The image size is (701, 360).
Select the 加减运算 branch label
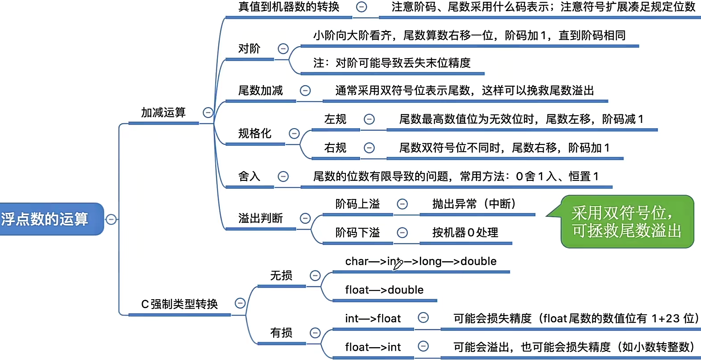coord(163,113)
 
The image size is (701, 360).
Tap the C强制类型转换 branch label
coord(179,304)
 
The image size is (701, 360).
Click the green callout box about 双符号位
coord(626,222)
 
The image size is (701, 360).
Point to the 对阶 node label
coord(249,49)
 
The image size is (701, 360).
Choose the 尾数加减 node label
coord(260,91)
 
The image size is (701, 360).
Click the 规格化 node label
coord(255,133)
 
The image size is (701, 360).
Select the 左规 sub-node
coord(335,119)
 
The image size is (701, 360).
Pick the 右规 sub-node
coord(335,148)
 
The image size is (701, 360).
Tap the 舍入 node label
coord(249,176)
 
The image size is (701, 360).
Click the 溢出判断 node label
coord(260,218)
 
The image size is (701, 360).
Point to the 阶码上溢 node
coord(357,204)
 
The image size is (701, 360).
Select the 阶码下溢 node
coord(357,233)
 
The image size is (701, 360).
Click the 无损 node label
coord(281,276)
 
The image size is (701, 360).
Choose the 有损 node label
coord(281,333)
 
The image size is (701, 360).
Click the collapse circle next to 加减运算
coord(208,113)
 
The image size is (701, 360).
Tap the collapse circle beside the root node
coord(111,219)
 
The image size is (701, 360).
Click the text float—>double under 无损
coord(384,290)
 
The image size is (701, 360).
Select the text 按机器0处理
coord(465,233)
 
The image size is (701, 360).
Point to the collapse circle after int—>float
coord(423,317)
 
